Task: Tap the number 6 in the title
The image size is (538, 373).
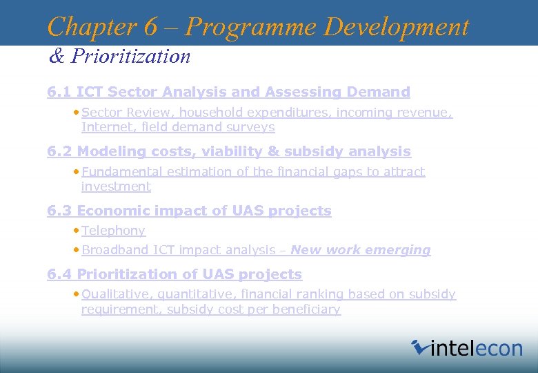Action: coord(151,27)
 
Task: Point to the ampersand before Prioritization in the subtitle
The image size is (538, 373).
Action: coord(56,56)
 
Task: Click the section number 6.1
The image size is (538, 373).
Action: coord(59,92)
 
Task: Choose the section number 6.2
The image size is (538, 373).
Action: coord(59,151)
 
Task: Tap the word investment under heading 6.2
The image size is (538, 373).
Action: coord(116,186)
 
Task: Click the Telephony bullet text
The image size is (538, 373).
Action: coord(113,231)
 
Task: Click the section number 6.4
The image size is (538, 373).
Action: coord(59,274)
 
